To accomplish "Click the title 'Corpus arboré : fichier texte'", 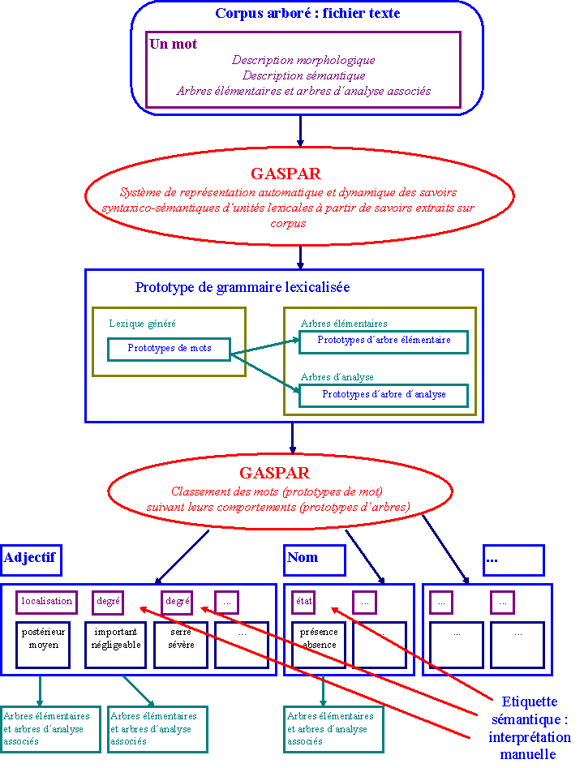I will tap(307, 14).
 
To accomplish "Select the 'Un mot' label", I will tap(173, 44).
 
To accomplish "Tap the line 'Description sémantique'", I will tap(303, 75).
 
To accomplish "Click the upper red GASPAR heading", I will tap(286, 174).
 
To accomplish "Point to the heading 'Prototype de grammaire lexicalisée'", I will tap(243, 288).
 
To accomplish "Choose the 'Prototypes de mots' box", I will tap(170, 349).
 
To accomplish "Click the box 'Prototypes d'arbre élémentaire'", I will tap(384, 341).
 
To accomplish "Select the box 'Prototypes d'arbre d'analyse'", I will tap(384, 395).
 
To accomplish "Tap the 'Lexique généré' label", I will tap(142, 324).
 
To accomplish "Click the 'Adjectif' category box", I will tap(32, 559).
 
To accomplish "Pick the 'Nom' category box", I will tap(314, 559).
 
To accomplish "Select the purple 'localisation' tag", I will tap(47, 602).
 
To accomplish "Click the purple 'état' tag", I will tap(303, 602).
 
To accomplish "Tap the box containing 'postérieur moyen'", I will tap(41, 644).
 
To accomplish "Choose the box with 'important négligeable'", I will tap(115, 644).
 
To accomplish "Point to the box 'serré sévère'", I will tap(178, 644).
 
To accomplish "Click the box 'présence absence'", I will tap(319, 644).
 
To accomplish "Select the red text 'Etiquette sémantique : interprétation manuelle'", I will tap(530, 727).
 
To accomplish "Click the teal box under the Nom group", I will tap(333, 729).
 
